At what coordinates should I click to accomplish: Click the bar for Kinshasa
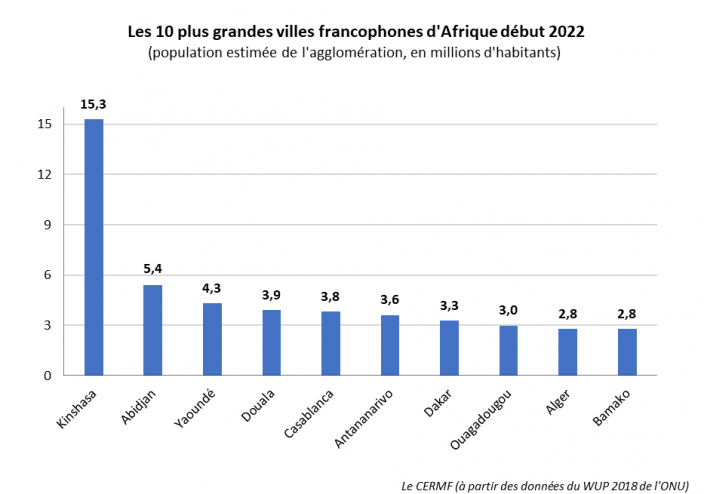(93, 247)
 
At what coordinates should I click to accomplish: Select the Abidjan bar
(152, 330)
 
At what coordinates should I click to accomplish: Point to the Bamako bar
(627, 352)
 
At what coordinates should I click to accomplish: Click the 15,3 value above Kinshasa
(93, 104)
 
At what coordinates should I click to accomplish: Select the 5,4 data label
(152, 270)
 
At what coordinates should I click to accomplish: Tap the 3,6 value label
(390, 300)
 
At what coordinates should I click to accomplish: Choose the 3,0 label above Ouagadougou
(508, 310)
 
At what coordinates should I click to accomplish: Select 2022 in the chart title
(565, 31)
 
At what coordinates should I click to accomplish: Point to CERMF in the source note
(436, 485)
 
